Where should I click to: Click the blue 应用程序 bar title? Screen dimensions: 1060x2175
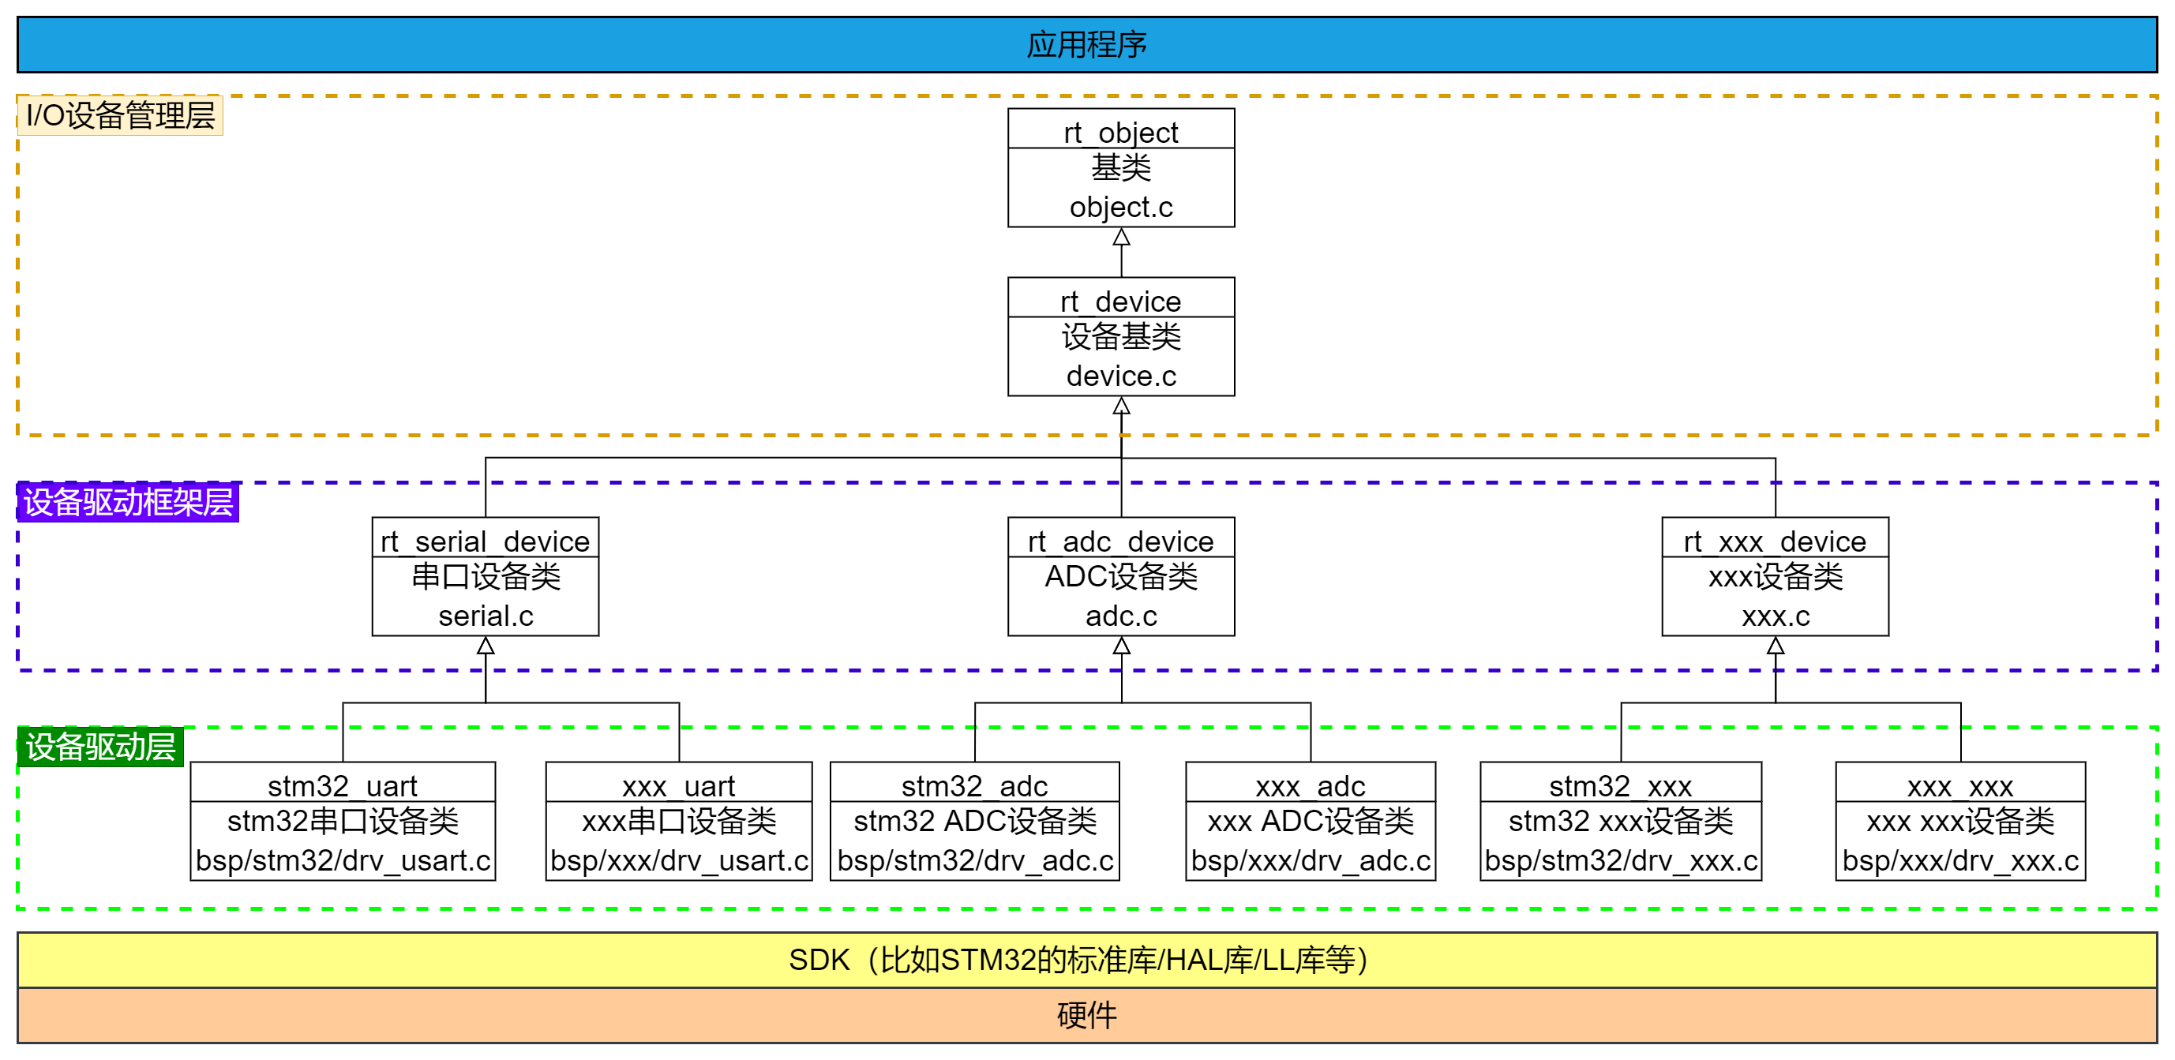1086,45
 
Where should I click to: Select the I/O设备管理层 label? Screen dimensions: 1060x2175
120,115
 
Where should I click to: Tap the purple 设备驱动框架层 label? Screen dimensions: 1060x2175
129,502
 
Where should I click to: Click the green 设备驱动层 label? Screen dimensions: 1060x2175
100,747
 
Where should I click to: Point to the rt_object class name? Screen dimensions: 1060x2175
1120,133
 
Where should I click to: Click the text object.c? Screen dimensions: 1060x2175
1120,207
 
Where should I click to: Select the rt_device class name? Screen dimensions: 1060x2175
1120,302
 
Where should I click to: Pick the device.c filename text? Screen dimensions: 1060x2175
1120,376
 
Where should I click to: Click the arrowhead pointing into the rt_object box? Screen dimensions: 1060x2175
1121,237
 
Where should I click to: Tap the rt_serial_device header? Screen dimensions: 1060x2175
485,541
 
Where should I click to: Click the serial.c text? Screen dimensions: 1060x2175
486,616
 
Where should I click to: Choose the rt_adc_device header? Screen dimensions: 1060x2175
1120,541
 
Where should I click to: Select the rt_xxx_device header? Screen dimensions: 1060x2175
1775,541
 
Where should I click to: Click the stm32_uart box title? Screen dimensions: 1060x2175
342,785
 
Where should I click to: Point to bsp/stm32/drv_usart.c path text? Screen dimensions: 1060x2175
342,860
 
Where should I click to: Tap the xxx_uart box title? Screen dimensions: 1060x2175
678,785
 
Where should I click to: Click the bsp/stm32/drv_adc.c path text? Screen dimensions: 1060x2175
974,860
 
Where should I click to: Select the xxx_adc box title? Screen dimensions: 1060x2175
1310,785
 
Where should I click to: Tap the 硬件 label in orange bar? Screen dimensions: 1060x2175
1086,1014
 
